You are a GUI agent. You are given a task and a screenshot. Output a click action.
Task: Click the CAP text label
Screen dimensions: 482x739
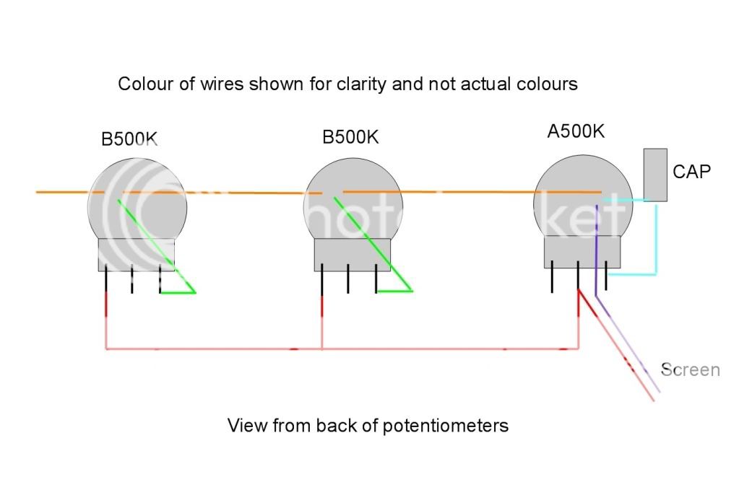691,172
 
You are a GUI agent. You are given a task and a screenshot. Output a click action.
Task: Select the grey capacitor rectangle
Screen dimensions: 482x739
655,175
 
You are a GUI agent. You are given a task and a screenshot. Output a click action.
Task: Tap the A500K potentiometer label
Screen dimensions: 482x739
575,132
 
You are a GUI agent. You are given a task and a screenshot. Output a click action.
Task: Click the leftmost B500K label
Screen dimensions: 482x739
129,139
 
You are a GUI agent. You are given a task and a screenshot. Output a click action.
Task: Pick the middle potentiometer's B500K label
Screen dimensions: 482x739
350,137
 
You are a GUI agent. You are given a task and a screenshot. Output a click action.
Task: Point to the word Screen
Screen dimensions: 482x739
691,370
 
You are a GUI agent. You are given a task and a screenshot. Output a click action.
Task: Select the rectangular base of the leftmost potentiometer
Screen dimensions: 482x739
137,255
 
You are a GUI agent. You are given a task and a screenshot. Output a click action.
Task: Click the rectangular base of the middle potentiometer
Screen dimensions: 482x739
353,255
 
